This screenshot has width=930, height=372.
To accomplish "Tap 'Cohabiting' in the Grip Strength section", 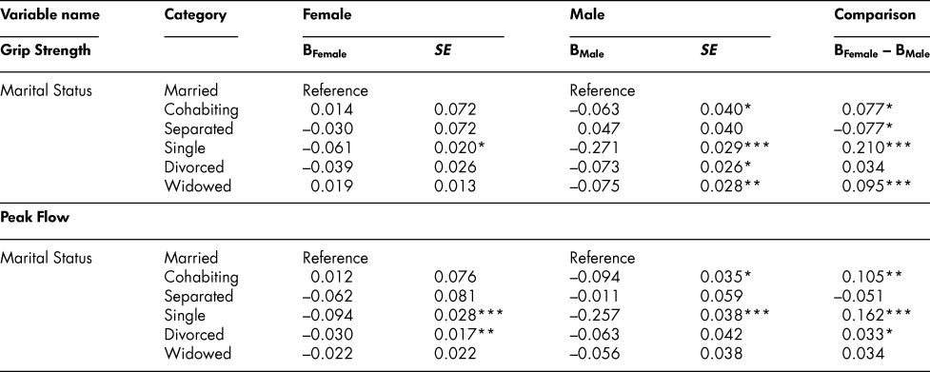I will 201,108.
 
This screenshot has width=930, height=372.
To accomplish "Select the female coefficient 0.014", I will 327,108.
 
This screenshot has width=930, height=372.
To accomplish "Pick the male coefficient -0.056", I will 592,341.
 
